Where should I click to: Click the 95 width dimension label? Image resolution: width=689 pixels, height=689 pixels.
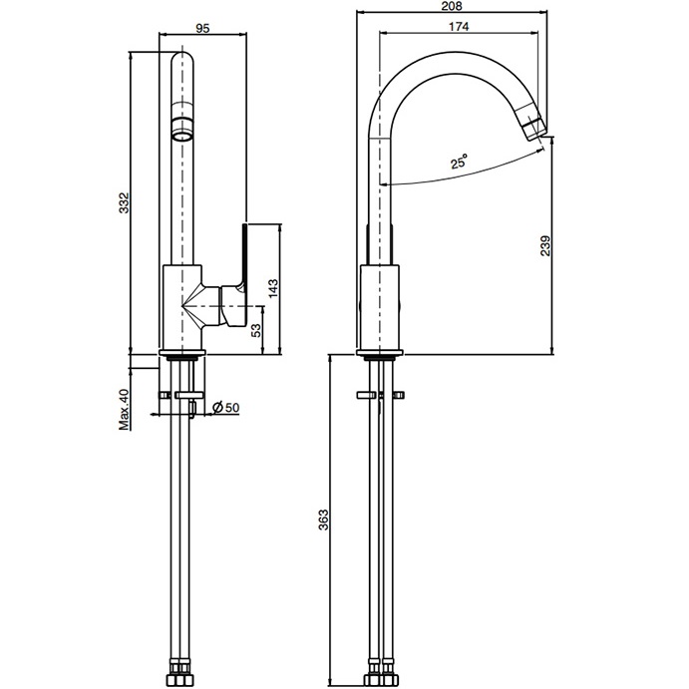point(202,28)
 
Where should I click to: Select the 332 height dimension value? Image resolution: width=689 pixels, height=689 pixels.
point(125,203)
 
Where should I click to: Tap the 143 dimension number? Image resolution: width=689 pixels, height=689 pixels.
point(273,289)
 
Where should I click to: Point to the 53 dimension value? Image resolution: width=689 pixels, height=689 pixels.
point(255,330)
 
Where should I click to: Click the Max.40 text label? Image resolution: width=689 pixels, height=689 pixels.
point(125,409)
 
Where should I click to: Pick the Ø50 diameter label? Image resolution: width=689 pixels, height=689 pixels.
point(226,408)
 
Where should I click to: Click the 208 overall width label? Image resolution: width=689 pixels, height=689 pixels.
point(453,6)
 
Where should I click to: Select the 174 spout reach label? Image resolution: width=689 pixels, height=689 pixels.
point(459,27)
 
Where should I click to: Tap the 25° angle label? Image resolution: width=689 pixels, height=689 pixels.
point(459,162)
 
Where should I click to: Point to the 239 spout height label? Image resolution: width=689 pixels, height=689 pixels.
point(545,246)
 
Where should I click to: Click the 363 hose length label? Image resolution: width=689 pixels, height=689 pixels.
point(324,519)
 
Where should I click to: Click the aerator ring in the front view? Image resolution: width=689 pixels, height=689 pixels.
point(182,129)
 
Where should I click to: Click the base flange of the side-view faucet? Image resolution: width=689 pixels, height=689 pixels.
point(380,353)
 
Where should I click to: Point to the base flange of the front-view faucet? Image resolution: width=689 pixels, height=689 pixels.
point(181,352)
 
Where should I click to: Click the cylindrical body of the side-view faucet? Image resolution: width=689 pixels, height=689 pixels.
point(380,307)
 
